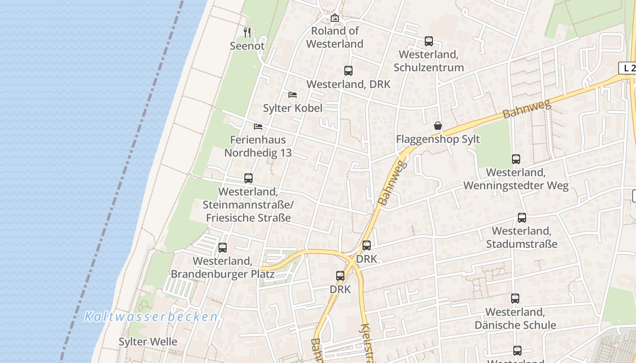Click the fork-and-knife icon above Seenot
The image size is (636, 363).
[247, 32]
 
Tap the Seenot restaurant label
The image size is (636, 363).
[247, 46]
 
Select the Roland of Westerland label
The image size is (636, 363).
[335, 37]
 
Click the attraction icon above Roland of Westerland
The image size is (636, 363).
[335, 18]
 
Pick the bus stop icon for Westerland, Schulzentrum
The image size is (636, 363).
[429, 41]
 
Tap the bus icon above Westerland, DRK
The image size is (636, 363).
[348, 71]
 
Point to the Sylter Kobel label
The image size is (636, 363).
[293, 108]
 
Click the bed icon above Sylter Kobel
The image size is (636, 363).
[293, 95]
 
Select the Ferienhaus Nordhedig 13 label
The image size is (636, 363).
[258, 146]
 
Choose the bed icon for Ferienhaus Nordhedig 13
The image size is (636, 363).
[258, 126]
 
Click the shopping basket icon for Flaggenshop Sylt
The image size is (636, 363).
[438, 126]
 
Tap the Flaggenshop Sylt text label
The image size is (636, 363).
[438, 139]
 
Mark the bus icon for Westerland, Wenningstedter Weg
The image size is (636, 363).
[516, 159]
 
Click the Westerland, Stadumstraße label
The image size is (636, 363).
[522, 237]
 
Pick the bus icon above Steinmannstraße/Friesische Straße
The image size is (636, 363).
[248, 178]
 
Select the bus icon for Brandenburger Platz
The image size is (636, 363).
[223, 248]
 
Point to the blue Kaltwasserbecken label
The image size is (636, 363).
[151, 317]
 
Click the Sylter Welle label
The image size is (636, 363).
[148, 342]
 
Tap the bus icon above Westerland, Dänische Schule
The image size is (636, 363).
[515, 299]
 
